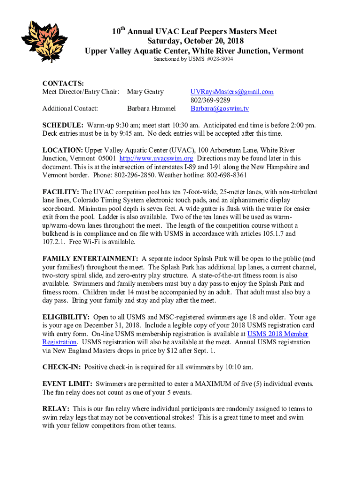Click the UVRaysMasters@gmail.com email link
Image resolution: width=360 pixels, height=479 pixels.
pos(231,92)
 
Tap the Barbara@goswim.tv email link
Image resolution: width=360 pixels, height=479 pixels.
pos(219,109)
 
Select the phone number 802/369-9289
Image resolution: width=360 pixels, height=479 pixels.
pos(210,100)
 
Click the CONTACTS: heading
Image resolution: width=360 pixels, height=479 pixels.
pos(63,83)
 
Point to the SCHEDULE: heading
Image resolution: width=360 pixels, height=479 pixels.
pos(63,125)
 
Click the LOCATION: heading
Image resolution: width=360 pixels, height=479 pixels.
pos(63,150)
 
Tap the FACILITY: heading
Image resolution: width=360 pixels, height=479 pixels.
pos(61,192)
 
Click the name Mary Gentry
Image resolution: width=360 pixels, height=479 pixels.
pos(145,92)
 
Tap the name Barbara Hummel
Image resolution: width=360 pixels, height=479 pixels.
pos(151,109)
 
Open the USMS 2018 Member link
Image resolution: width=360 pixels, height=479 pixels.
pos(277,334)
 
